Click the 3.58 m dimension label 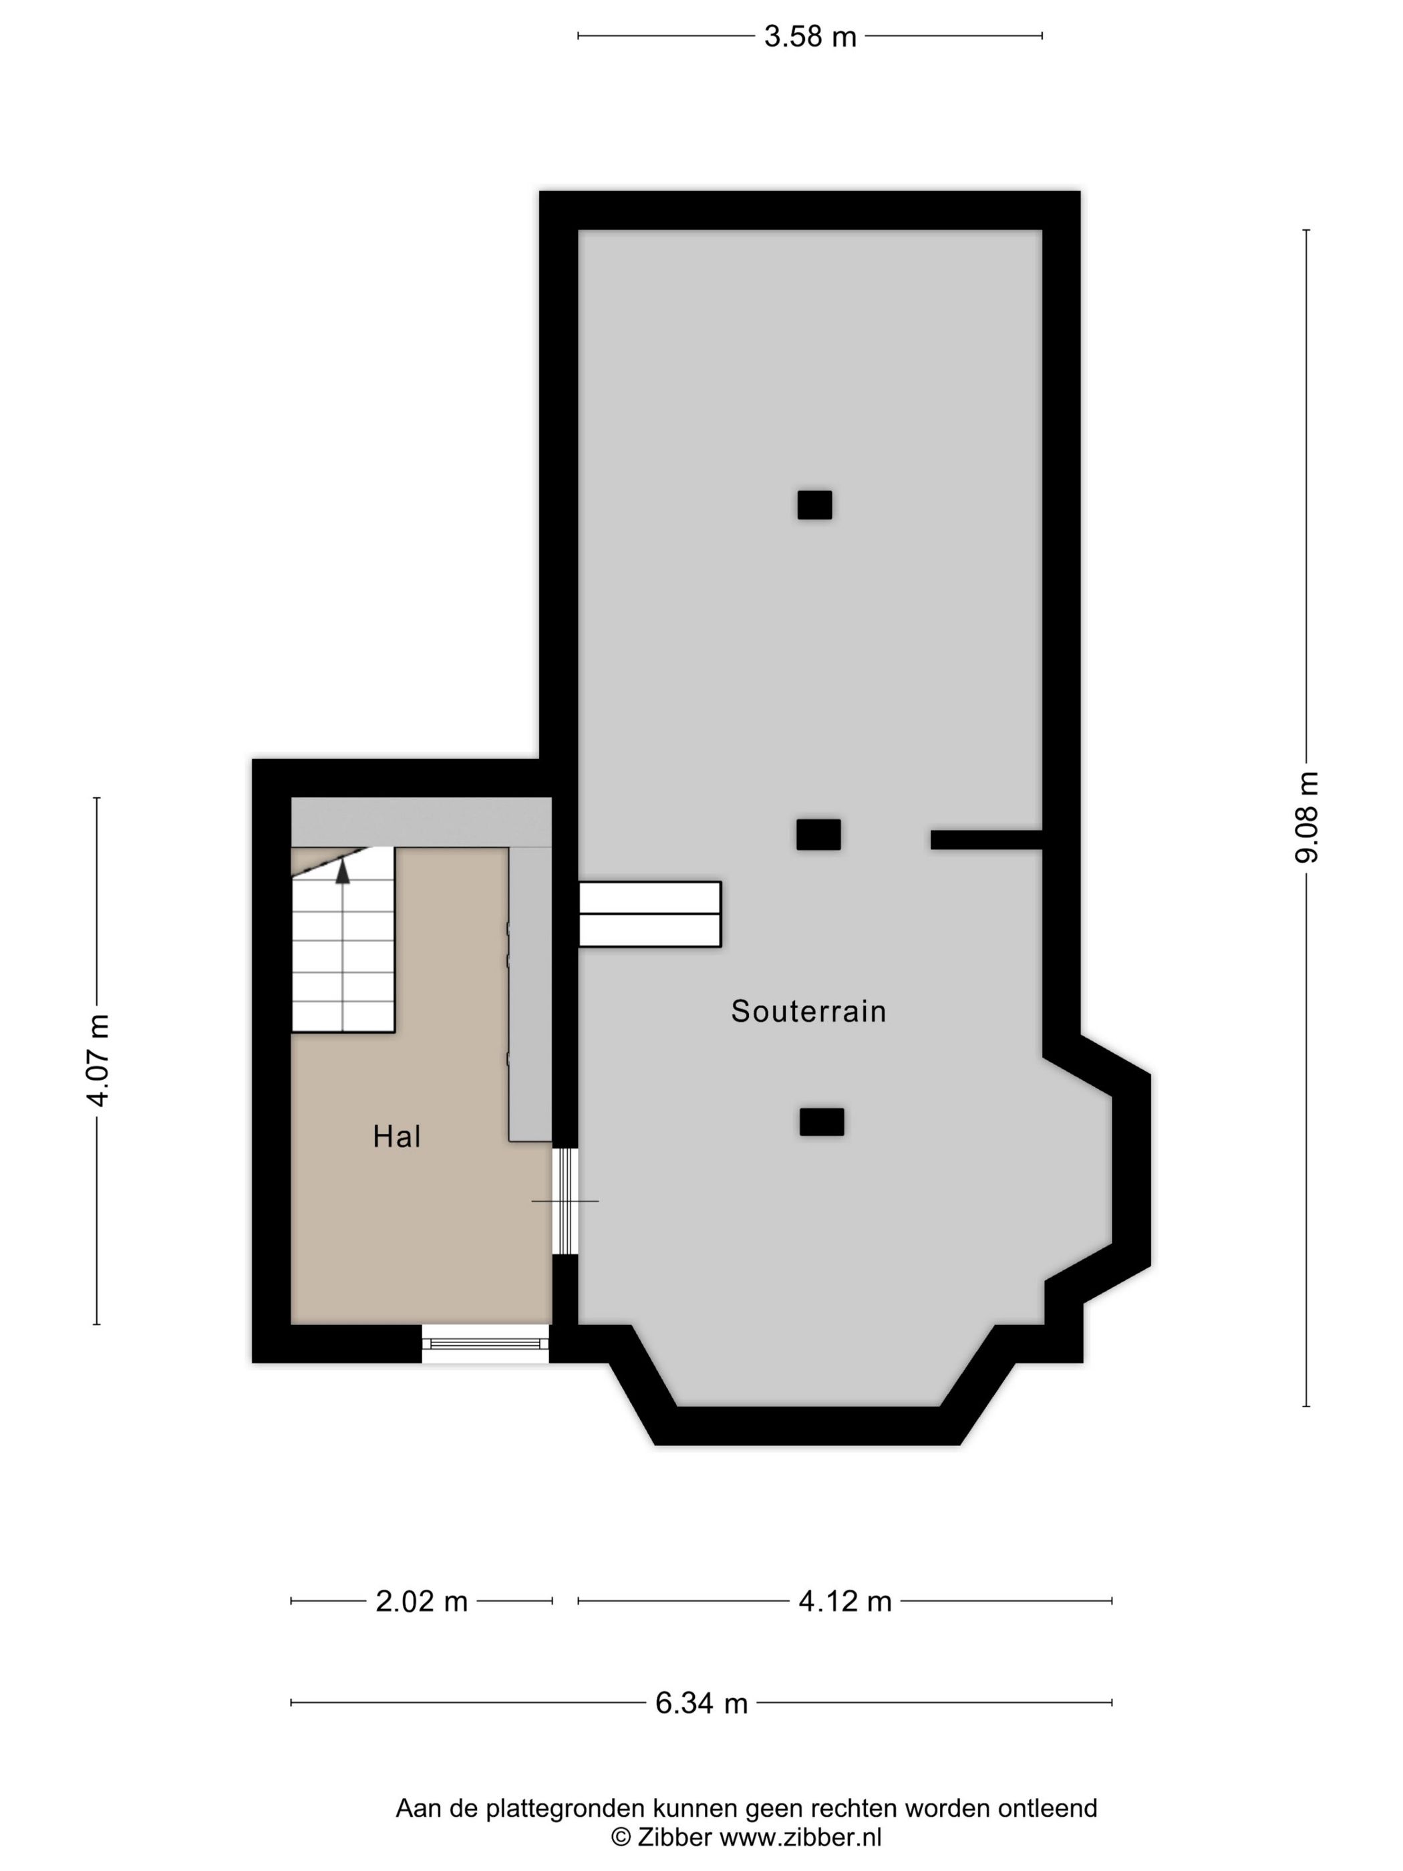tap(809, 36)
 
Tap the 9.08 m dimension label tap(1305, 817)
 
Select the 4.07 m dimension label tap(98, 1059)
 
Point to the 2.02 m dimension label tap(421, 1601)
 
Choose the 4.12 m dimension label tap(845, 1601)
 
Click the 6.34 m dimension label tap(701, 1703)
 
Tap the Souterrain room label tap(808, 1011)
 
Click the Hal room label tap(397, 1136)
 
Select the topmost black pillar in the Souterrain tap(814, 505)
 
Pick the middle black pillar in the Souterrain tap(818, 834)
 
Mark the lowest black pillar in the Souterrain tap(821, 1121)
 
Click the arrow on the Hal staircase tap(343, 871)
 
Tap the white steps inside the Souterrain tap(649, 913)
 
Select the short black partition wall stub tap(985, 839)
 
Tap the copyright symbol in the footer tap(621, 1836)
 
